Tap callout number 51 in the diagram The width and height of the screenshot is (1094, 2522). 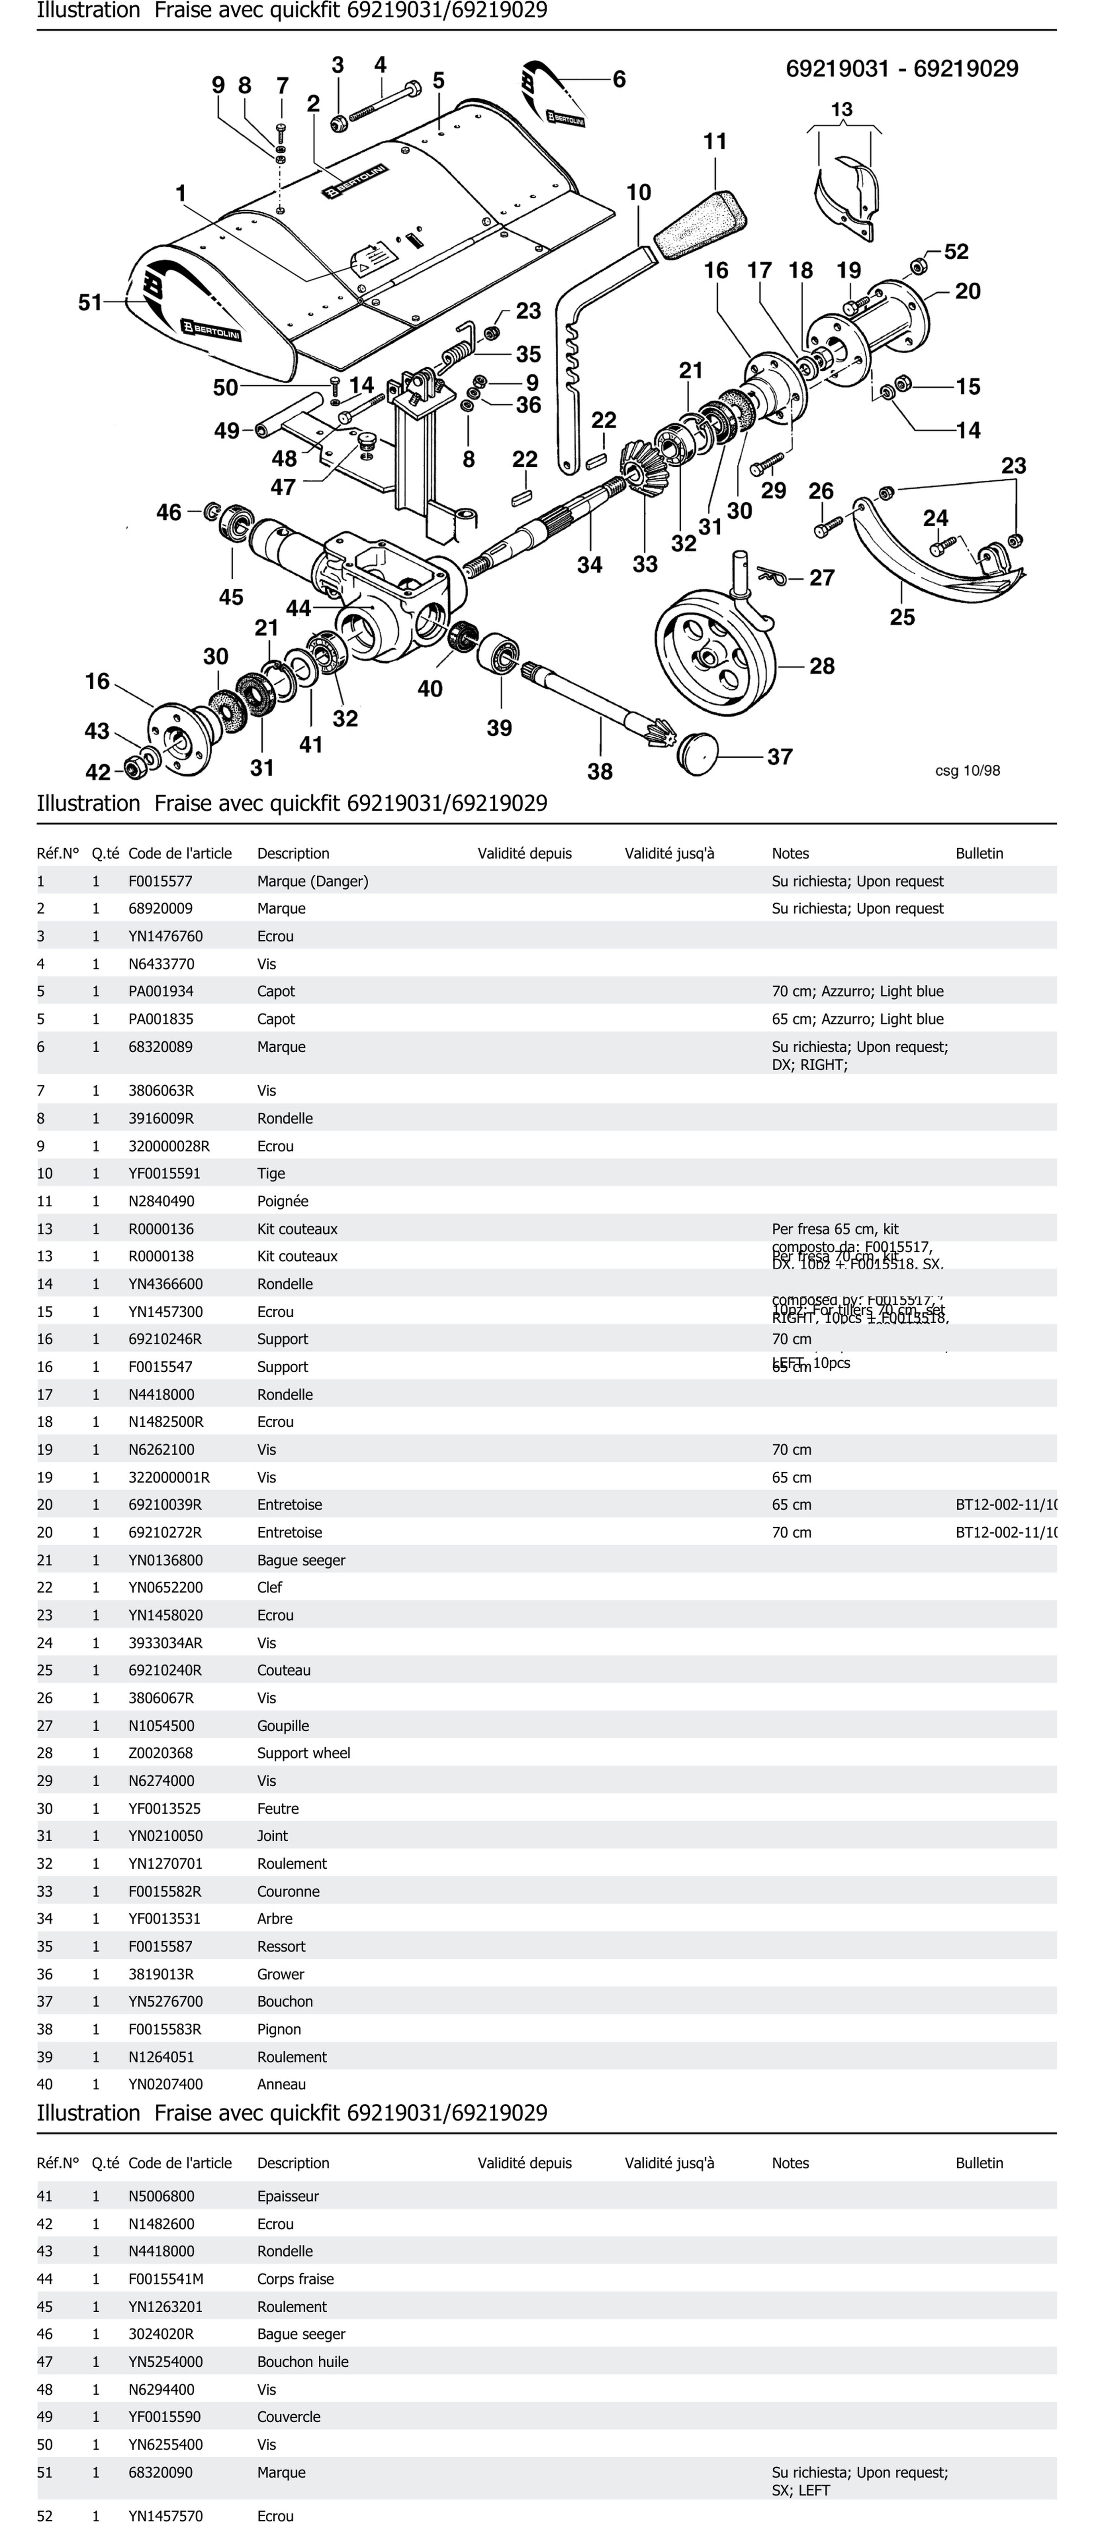[90, 302]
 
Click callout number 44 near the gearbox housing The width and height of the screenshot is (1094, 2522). [297, 608]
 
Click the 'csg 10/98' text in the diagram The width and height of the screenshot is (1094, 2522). [967, 770]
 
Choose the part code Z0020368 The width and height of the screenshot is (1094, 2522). [160, 1754]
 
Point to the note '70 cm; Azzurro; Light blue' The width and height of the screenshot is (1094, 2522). [857, 991]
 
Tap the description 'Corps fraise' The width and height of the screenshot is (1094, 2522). [296, 2279]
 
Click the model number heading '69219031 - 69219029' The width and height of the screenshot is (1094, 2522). [901, 69]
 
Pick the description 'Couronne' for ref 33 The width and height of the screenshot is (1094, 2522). [289, 1891]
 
